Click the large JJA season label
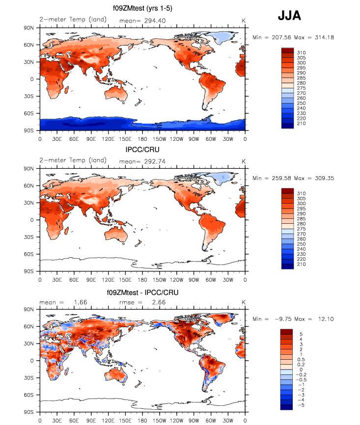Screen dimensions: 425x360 tap(289, 16)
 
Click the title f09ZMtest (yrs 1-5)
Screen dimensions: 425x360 tap(142, 8)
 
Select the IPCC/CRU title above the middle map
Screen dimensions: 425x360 tap(142, 149)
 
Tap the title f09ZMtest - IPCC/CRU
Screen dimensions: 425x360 tap(142, 292)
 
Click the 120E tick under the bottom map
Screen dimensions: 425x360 tap(108, 420)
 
